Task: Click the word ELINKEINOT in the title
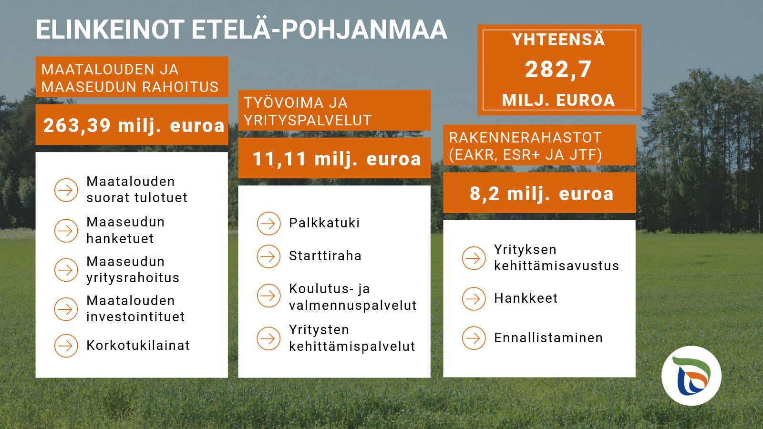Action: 110,30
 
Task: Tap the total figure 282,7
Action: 558,70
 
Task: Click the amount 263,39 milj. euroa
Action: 134,126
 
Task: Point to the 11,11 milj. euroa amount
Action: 337,159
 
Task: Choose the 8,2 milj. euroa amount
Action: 542,194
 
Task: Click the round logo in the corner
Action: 691,376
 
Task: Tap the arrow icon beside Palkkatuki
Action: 269,224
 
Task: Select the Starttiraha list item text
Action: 325,255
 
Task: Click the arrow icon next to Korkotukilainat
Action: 66,346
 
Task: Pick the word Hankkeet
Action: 526,298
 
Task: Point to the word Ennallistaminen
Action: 548,338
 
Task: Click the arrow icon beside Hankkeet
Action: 474,299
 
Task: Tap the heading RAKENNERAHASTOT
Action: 525,138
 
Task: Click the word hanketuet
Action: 120,238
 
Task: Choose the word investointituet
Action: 135,317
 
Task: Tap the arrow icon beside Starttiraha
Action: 269,256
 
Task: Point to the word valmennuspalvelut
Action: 353,306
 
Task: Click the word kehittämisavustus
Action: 557,266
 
